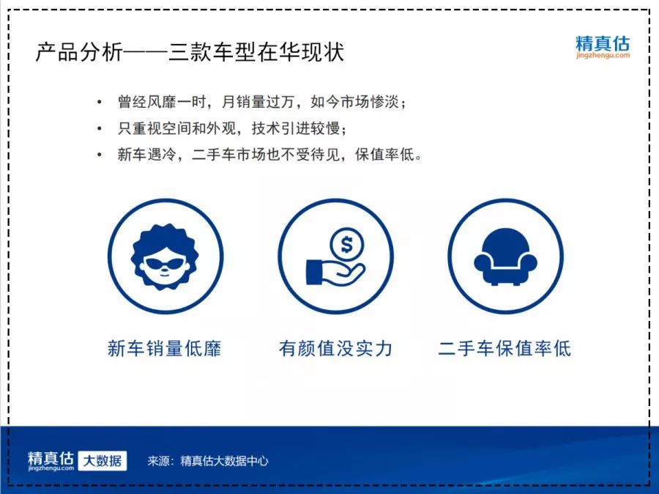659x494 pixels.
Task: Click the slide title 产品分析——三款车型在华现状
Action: [190, 53]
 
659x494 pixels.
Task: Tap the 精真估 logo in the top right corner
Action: [602, 43]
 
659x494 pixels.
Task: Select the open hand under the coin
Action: [334, 275]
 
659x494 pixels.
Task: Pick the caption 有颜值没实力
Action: [335, 348]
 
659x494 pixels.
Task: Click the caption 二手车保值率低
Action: [505, 348]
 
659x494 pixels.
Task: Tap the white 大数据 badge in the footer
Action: [103, 460]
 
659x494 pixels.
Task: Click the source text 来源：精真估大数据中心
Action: [208, 461]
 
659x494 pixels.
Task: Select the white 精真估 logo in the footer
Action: [51, 458]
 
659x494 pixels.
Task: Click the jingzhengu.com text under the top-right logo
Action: [602, 55]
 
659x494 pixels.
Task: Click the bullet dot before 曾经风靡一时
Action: [100, 102]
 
